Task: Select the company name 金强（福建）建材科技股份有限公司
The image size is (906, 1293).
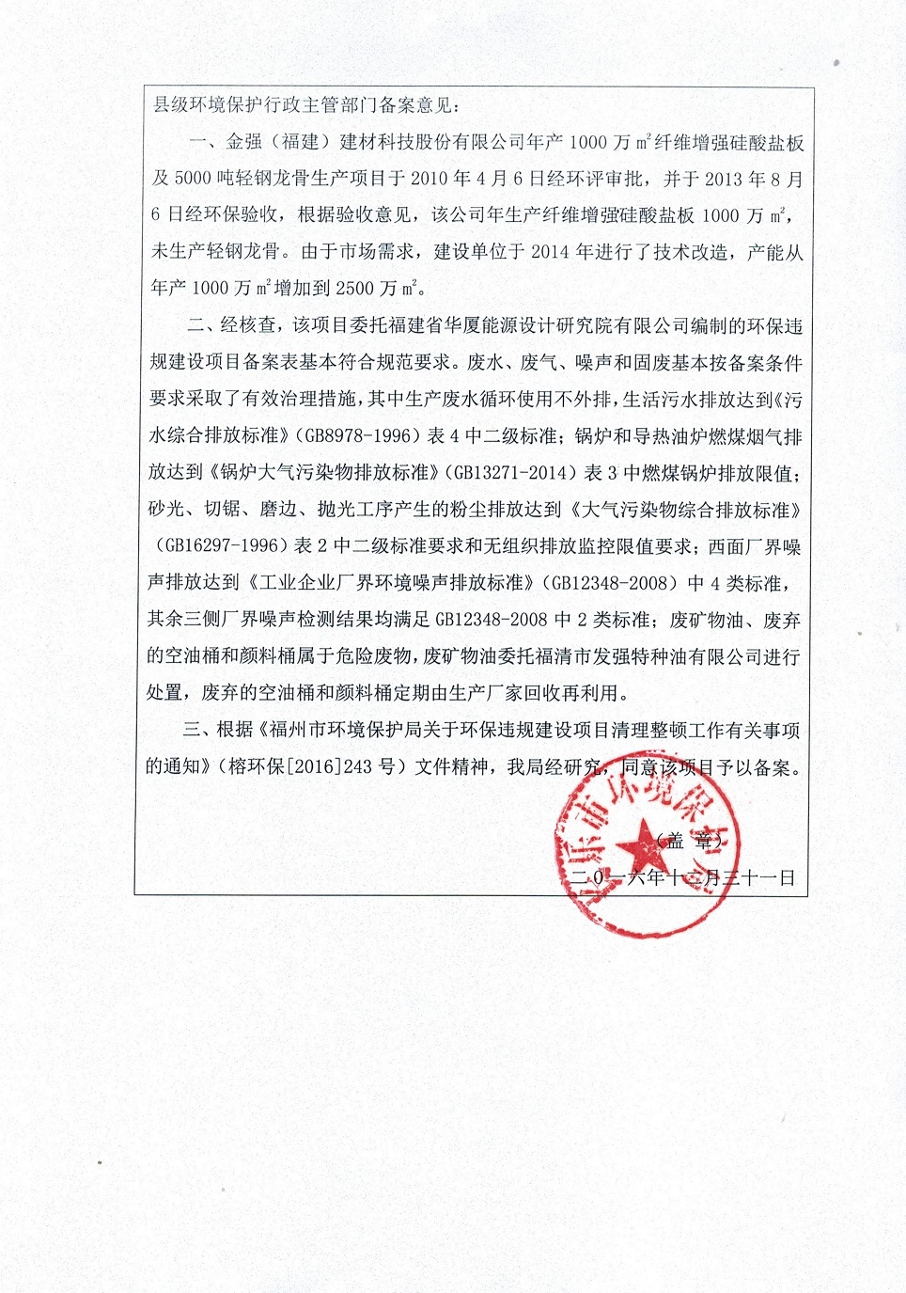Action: (375, 141)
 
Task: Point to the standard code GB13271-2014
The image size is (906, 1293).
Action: (508, 473)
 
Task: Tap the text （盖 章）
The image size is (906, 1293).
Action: (690, 841)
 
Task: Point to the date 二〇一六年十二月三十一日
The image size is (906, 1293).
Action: (684, 877)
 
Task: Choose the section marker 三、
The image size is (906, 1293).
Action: (198, 731)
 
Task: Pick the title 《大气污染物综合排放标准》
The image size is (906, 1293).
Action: (684, 510)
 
